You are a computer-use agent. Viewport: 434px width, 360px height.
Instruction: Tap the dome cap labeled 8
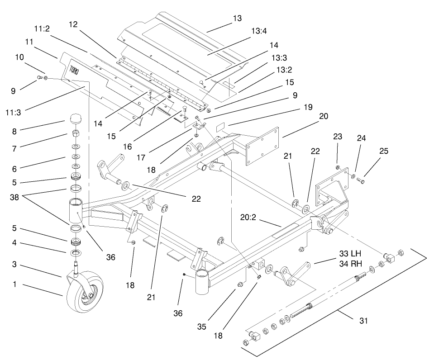point(75,120)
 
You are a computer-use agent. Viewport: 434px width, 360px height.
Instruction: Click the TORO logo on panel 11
point(74,72)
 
